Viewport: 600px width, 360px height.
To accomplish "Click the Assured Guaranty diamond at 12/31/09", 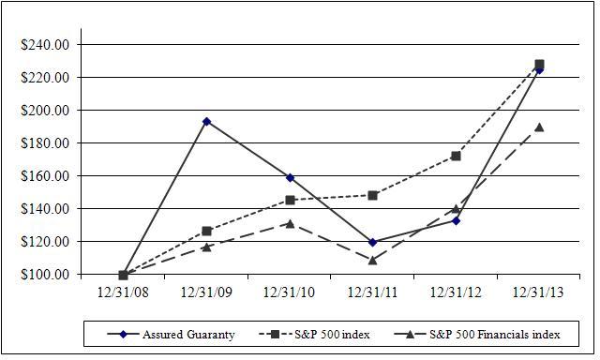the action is tap(206, 122).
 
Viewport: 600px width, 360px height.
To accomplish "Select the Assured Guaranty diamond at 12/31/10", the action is tap(290, 177).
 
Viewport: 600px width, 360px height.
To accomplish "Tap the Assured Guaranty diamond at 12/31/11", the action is tap(373, 242).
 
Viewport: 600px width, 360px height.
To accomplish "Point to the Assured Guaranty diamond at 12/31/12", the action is tap(456, 220).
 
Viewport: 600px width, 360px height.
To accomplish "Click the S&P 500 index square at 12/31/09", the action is tap(206, 231).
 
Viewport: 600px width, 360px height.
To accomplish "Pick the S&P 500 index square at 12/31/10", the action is tap(290, 200).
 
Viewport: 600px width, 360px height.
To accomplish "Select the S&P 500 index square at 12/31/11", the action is tap(373, 196).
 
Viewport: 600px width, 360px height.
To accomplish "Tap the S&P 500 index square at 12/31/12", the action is tap(456, 156).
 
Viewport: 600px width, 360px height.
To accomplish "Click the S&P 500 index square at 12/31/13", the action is tap(540, 65).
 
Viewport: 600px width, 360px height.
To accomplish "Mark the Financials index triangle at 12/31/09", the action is tap(206, 247).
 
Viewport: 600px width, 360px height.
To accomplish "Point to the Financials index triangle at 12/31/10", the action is tap(290, 224).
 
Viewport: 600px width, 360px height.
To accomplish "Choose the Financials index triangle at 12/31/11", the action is tap(373, 261).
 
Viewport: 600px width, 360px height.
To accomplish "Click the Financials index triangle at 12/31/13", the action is tap(540, 127).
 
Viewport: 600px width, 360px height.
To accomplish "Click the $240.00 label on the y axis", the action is tap(45, 45).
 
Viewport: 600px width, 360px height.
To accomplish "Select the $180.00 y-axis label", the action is tap(45, 143).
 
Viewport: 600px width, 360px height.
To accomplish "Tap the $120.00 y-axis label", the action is tap(45, 241).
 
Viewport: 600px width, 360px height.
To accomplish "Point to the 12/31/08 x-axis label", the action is tap(123, 292).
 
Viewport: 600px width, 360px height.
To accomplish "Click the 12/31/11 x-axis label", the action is tap(373, 292).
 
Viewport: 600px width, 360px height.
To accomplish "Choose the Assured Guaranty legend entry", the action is tap(171, 335).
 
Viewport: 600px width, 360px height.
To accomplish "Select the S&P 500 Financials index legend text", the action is tap(495, 335).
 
